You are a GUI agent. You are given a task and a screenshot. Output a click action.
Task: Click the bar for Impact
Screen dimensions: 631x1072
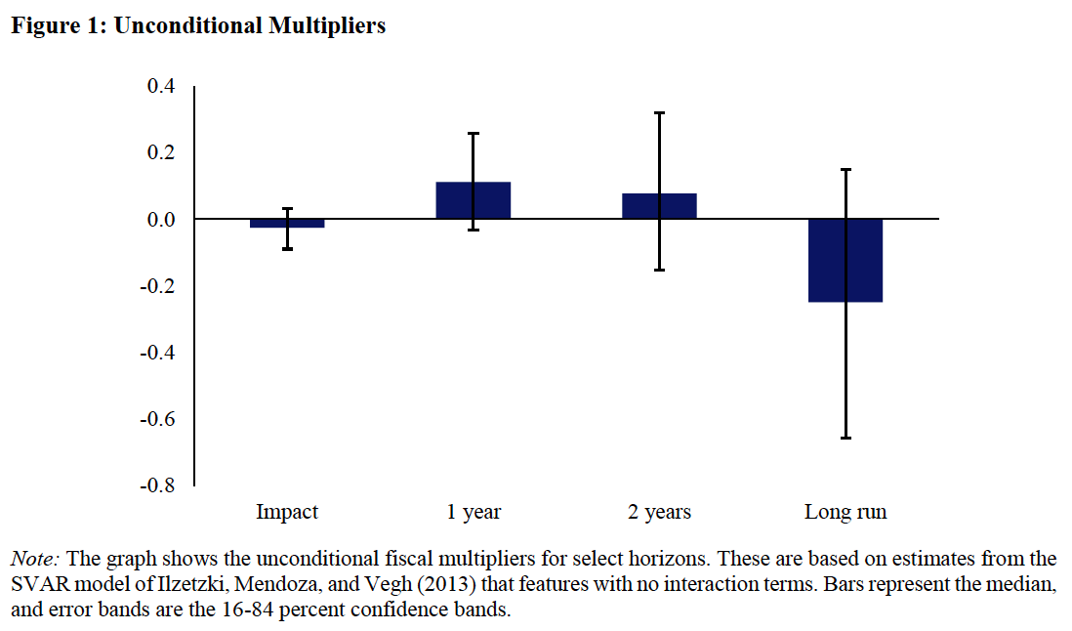[x=287, y=224]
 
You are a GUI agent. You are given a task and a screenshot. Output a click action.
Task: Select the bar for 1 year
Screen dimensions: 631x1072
[x=474, y=200]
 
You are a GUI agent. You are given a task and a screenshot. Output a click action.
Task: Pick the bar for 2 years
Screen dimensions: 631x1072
[x=659, y=206]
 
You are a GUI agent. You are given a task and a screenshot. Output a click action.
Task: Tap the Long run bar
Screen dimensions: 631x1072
[x=845, y=261]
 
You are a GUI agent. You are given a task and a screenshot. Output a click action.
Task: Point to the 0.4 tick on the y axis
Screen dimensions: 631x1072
[x=160, y=87]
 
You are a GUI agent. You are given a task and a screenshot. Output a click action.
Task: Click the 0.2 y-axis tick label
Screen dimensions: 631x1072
[x=160, y=153]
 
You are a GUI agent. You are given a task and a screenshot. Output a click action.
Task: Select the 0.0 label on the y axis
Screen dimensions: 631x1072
[x=160, y=220]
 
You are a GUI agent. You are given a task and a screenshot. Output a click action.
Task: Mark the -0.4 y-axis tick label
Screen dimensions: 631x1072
[x=157, y=353]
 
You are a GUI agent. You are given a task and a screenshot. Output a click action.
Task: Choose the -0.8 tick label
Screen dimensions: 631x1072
[x=157, y=485]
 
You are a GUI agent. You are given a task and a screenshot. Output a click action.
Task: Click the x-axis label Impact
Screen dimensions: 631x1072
[x=287, y=512]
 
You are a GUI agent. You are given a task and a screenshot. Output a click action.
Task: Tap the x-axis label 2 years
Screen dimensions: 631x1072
[x=659, y=512]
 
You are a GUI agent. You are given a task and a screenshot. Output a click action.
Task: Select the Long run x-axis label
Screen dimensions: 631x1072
[x=845, y=512]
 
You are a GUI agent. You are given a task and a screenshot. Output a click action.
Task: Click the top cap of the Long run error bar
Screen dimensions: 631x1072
[x=845, y=170]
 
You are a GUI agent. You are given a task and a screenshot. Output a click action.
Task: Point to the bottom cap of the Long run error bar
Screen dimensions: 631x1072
[x=845, y=439]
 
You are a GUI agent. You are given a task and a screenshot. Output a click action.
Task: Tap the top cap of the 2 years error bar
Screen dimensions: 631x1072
[x=659, y=113]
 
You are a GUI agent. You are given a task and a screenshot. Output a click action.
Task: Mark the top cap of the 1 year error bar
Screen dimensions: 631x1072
[x=474, y=134]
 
